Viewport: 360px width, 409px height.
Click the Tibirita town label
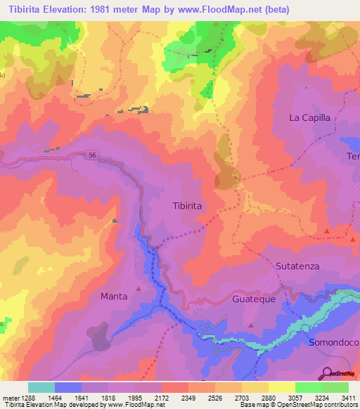[187, 206]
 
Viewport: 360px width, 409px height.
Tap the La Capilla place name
[309, 118]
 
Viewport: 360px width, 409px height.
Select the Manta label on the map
[114, 297]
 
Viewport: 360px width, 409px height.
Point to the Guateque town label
[253, 299]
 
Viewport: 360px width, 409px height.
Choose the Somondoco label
[333, 342]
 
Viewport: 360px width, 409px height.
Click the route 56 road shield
[93, 155]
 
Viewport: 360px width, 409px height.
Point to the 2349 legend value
[188, 396]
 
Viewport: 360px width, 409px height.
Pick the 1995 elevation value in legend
[135, 396]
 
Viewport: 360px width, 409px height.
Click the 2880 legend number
[269, 396]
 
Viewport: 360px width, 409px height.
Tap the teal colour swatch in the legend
[41, 387]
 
